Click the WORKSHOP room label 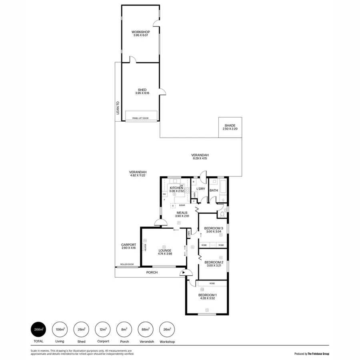(140, 32)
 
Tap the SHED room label (142, 90)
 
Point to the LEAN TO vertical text (118, 108)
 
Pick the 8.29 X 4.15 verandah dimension (200, 158)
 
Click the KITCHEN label (176, 188)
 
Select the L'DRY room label (200, 189)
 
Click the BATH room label (214, 190)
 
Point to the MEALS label (182, 213)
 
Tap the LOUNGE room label (164, 250)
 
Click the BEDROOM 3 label (214, 228)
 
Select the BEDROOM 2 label (214, 262)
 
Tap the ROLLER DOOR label (126, 264)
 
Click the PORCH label (152, 272)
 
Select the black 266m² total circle (39, 330)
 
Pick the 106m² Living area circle (60, 330)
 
